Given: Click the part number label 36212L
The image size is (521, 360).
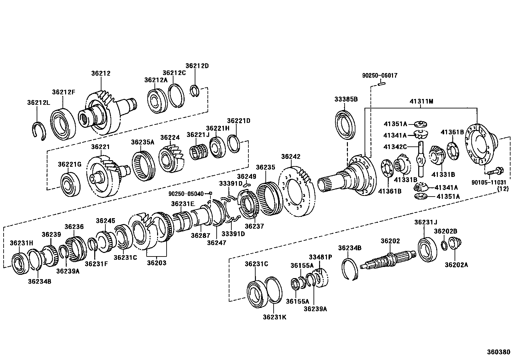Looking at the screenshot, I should (x=39, y=103).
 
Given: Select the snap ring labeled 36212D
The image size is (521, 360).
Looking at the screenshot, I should (x=195, y=91).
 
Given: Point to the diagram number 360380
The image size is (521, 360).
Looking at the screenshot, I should (x=498, y=352).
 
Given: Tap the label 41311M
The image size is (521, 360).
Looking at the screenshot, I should (x=421, y=102).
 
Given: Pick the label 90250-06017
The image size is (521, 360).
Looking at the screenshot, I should (x=380, y=75).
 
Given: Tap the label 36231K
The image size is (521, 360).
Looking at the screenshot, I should (x=275, y=317).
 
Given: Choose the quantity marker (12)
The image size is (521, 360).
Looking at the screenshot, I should (x=503, y=189).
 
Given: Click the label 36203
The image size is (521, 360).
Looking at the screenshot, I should (x=156, y=262).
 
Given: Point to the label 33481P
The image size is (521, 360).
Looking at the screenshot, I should (x=320, y=257).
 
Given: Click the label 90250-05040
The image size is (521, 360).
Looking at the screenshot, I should (x=186, y=193).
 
